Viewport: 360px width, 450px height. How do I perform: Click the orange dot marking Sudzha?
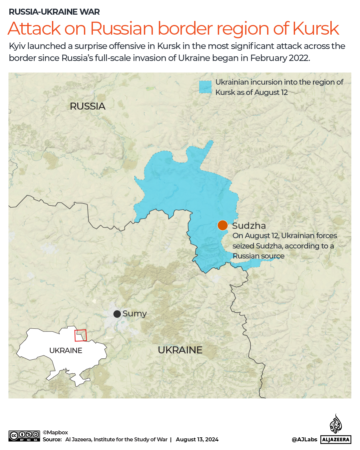tap(222, 225)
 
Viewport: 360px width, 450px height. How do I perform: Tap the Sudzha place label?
tap(249, 226)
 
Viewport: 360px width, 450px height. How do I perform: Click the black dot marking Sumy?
tap(117, 314)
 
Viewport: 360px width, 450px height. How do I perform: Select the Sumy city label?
tap(135, 313)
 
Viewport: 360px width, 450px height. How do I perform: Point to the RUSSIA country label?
tap(88, 106)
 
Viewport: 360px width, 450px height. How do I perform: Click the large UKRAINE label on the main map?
tap(180, 350)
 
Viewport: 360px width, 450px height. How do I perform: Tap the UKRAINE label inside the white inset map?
tap(66, 350)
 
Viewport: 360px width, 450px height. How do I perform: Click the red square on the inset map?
tap(80, 335)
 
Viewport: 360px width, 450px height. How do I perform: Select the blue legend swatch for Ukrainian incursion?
tap(205, 87)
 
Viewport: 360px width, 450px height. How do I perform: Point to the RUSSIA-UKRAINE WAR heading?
tap(54, 12)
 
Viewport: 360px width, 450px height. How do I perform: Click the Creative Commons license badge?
tap(24, 436)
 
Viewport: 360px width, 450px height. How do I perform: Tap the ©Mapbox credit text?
tap(55, 432)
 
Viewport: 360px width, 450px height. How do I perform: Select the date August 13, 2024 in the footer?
tap(197, 439)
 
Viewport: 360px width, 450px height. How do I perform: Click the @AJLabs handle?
tap(304, 439)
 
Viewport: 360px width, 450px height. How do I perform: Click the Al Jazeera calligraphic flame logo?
tap(336, 424)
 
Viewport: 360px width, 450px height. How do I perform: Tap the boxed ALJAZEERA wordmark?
tap(336, 440)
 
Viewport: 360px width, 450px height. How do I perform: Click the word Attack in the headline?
tap(34, 29)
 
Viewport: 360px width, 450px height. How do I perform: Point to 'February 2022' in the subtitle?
tap(280, 58)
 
